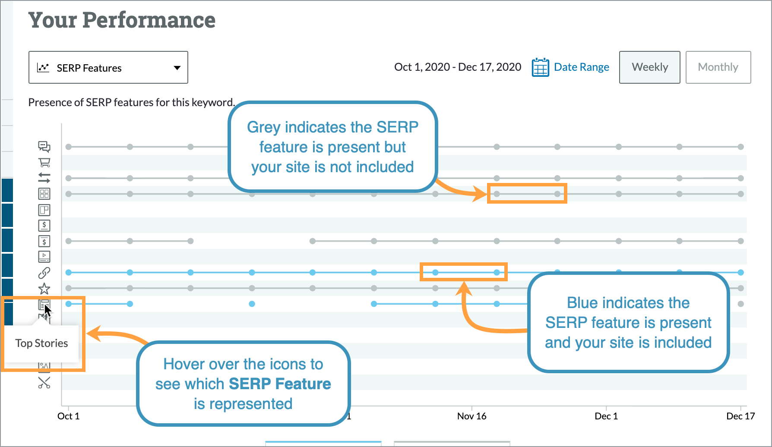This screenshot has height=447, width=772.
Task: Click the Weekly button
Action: click(x=649, y=67)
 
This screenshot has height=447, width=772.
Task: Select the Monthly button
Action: click(x=718, y=67)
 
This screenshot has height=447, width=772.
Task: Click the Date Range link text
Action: click(x=581, y=67)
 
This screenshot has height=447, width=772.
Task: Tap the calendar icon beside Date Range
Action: click(x=540, y=67)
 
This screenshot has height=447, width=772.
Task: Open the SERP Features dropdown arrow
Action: click(x=177, y=68)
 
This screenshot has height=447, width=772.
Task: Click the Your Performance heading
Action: click(x=122, y=20)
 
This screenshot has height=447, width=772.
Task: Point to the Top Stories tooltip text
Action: click(x=41, y=343)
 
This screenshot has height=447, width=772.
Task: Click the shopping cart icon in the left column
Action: click(x=44, y=163)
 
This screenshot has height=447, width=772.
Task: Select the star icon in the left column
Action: click(x=44, y=288)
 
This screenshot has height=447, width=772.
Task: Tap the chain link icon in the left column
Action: click(x=44, y=273)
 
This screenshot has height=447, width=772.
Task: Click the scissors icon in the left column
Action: click(x=44, y=383)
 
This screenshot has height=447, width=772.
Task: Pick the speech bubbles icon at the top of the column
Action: click(x=44, y=147)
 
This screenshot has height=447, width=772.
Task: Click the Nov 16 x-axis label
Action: click(x=471, y=416)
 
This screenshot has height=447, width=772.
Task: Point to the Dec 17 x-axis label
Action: click(x=740, y=416)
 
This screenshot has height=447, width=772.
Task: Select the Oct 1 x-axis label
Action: click(x=68, y=416)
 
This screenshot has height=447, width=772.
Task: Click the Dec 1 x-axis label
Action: click(x=606, y=416)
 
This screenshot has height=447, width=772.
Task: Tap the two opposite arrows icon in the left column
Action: click(x=44, y=178)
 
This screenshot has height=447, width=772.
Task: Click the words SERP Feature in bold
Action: click(x=280, y=384)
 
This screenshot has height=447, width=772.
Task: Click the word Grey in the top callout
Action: click(x=263, y=128)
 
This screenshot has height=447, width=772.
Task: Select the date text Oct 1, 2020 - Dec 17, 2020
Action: click(x=457, y=67)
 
